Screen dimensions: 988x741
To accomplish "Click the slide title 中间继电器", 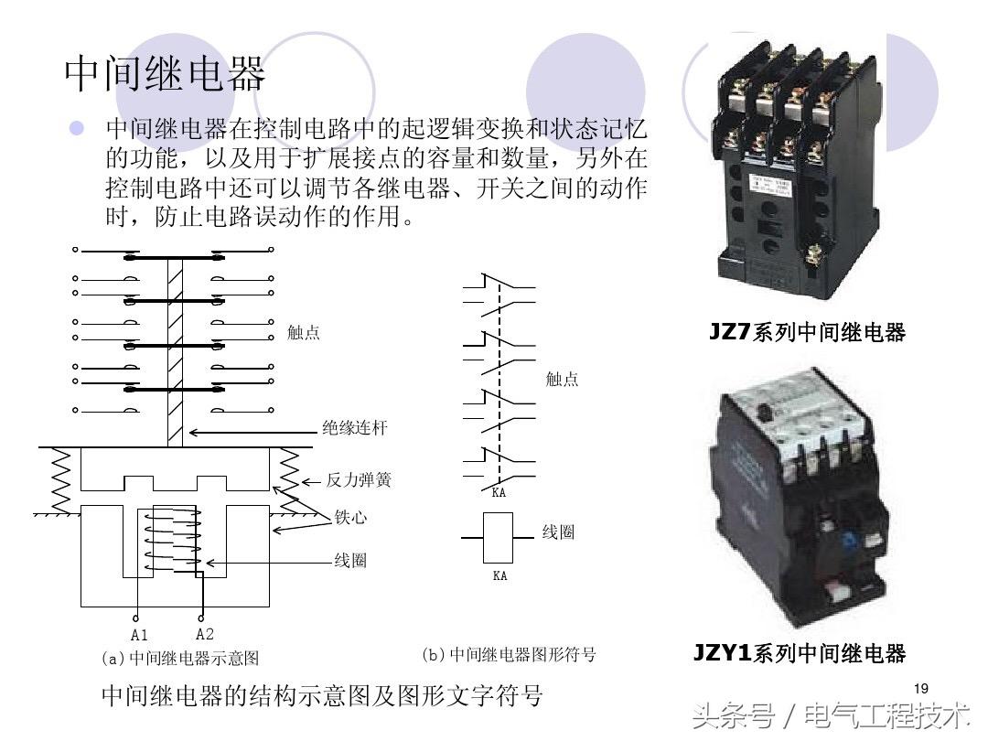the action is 165,73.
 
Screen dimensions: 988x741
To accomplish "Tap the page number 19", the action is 921,688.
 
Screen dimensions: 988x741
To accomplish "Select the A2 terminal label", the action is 205,633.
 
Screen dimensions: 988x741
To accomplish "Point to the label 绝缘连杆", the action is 354,428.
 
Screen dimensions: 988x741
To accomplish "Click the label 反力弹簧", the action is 359,480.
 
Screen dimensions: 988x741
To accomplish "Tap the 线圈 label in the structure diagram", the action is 349,561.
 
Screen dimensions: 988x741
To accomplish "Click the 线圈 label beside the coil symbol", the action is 558,532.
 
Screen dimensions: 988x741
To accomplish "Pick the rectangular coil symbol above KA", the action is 499,538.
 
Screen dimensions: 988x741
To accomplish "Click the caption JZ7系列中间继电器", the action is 807,332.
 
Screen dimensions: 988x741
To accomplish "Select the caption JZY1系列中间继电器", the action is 799,653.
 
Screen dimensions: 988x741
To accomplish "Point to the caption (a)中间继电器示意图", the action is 180,658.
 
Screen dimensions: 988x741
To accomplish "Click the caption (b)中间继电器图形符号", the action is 509,655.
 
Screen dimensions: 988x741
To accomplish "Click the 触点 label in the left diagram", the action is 303,333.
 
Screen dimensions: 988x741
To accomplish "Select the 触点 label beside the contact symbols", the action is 562,379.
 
